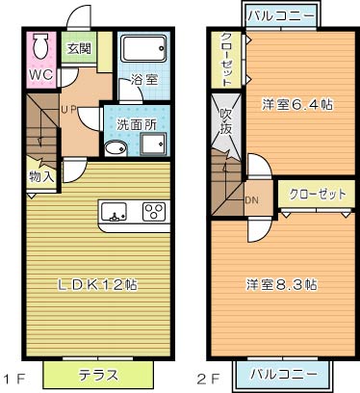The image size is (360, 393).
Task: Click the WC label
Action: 40,75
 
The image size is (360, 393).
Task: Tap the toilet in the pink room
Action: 41,47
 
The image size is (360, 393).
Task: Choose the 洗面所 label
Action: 135,124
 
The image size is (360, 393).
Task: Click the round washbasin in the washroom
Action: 115,148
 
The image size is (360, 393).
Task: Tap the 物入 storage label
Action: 41,176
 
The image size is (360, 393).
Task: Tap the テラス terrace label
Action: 100,374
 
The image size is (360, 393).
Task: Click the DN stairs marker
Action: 252,200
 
